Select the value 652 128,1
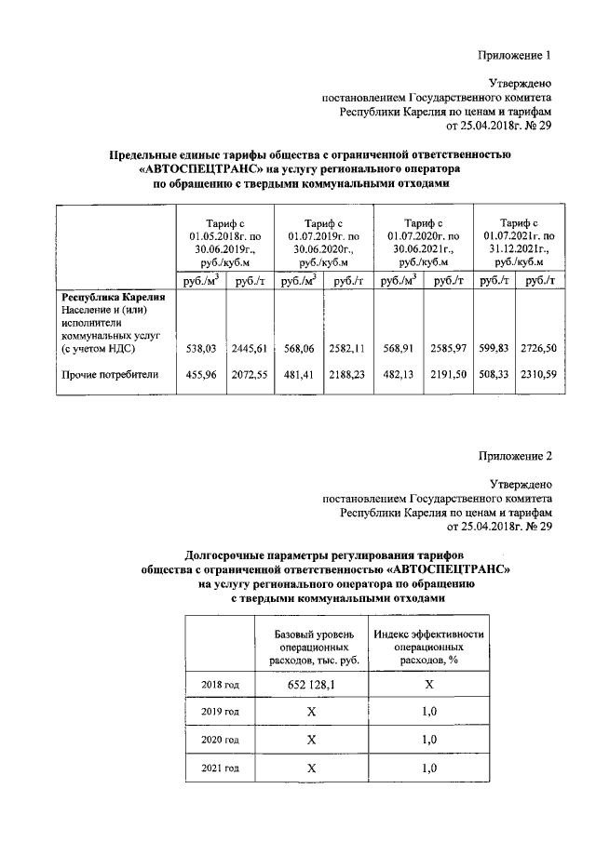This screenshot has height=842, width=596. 312,685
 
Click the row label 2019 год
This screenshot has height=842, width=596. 221,713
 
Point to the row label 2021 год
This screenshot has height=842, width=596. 221,768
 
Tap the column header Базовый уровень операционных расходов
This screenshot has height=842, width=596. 312,647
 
